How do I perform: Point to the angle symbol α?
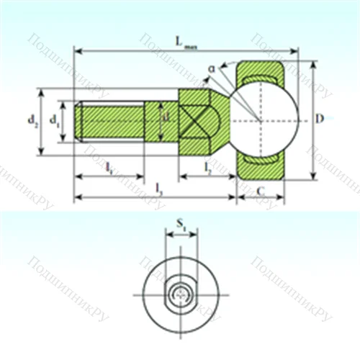tap(212, 68)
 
